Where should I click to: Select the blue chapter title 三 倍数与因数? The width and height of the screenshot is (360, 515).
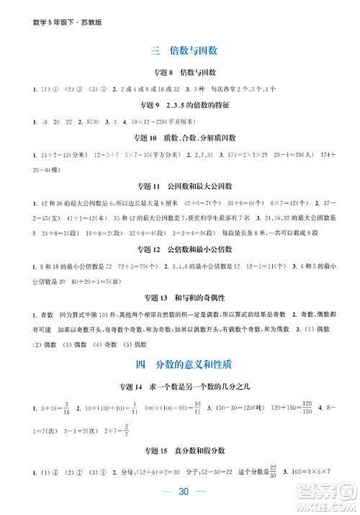(x=181, y=50)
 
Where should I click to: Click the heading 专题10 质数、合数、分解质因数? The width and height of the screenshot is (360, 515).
(x=181, y=138)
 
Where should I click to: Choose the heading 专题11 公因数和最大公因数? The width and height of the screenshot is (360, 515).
(x=181, y=185)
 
